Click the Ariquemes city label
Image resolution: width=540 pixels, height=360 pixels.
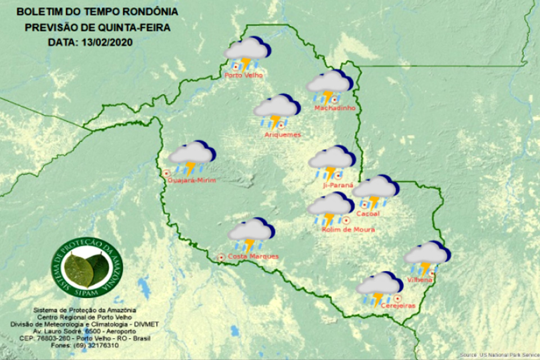pos(283,135)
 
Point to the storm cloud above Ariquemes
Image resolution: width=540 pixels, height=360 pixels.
pos(276,108)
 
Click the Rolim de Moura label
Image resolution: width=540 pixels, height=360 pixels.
pos(348,229)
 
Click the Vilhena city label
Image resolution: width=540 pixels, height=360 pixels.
pos(420,280)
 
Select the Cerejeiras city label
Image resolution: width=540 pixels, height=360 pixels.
pos(398,305)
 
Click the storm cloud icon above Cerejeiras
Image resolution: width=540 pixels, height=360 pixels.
pos(379,286)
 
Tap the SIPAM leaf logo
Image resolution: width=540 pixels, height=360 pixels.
pos(87,268)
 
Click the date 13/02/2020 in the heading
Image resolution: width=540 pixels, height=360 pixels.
pos(99,41)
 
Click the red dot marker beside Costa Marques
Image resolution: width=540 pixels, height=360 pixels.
pos(221,257)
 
